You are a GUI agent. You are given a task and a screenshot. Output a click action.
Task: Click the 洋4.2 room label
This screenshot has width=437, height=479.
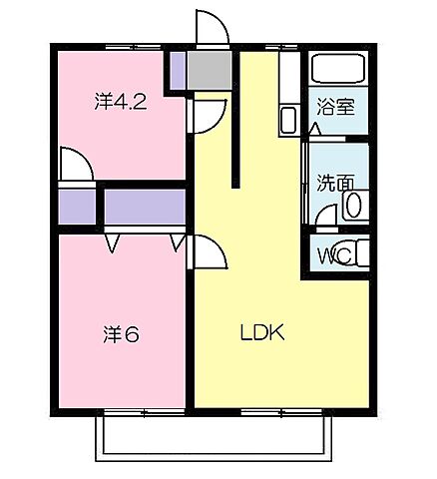pos(121,102)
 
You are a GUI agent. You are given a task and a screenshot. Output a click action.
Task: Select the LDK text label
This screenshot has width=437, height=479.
pos(261,333)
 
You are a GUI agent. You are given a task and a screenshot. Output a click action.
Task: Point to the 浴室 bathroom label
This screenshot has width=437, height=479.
pos(336,109)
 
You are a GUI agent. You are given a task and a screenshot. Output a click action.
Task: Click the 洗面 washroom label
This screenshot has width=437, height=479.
pos(334,184)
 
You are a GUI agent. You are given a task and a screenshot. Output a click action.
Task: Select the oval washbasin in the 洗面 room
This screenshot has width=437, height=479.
pos(352,206)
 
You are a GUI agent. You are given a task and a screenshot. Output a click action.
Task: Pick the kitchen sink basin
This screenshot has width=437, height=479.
pos(287,121)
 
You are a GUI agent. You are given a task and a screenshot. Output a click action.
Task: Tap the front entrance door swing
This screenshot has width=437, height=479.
pos(212,28)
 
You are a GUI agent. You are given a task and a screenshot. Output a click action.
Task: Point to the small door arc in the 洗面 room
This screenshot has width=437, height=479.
pos(325,216)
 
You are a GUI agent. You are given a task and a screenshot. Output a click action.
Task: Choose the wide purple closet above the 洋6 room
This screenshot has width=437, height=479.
pos(146,207)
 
